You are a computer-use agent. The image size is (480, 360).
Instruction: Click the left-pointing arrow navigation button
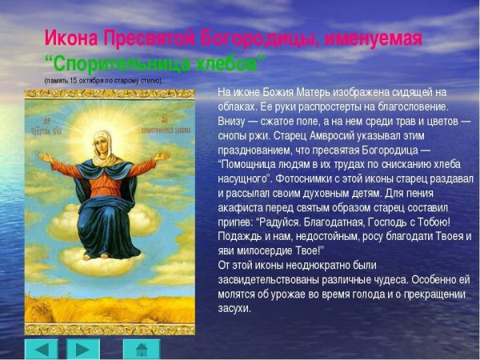[42, 349]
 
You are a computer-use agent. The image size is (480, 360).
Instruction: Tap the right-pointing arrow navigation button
[82, 349]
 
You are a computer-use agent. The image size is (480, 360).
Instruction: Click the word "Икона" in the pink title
[70, 38]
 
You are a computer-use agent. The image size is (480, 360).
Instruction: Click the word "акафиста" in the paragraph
[241, 207]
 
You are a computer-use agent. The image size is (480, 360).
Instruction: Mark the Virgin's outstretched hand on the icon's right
[163, 156]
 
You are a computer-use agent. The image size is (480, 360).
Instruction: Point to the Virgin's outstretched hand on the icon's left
[45, 158]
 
